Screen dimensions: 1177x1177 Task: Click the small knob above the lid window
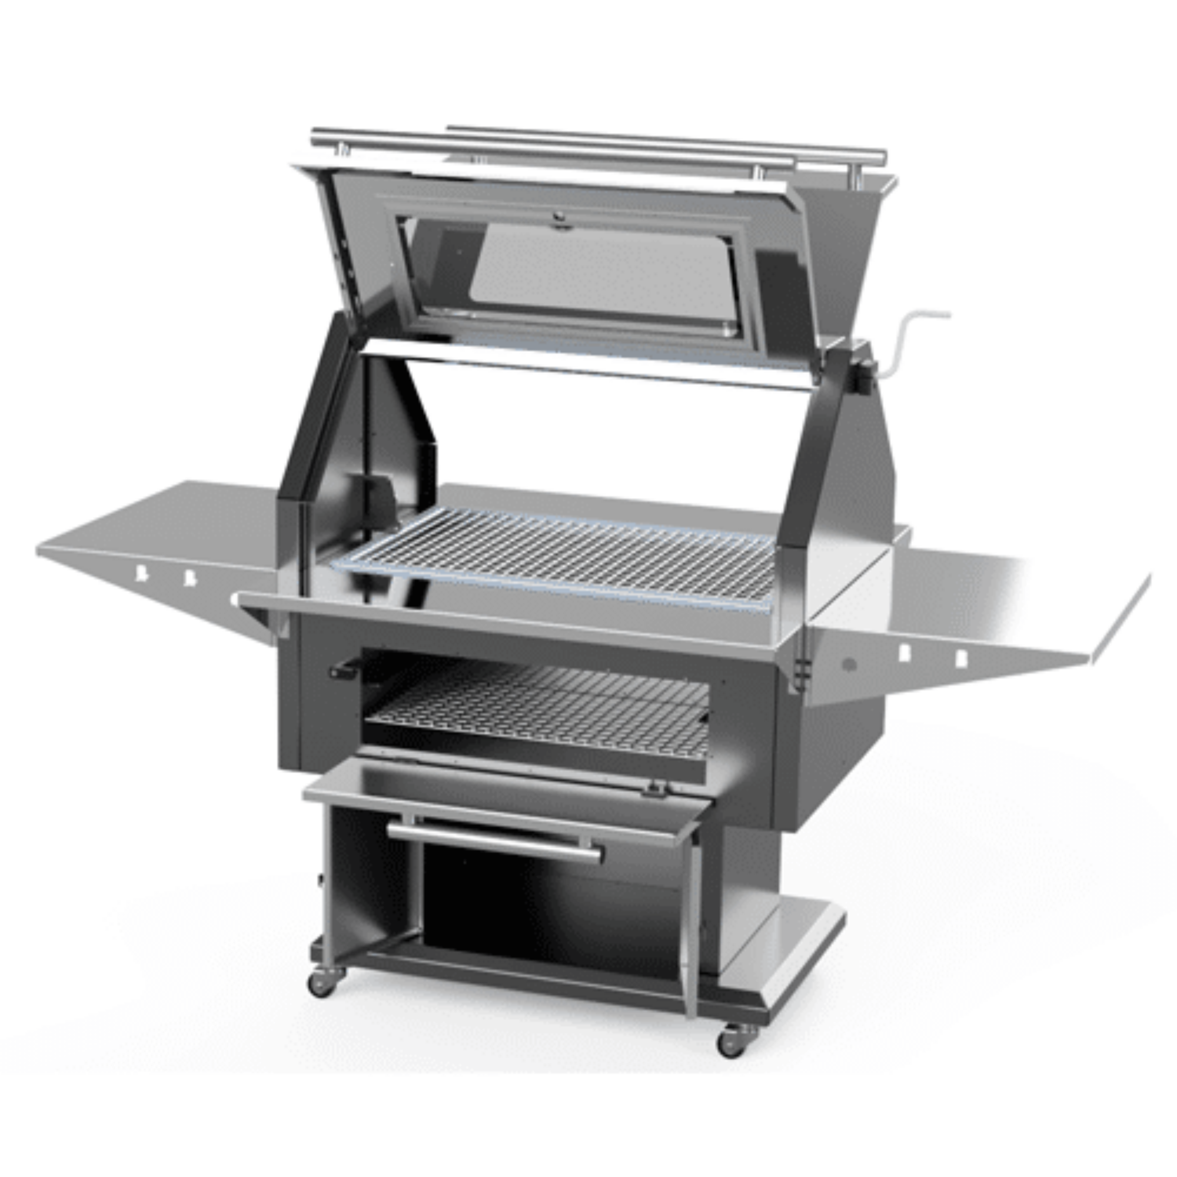[558, 216]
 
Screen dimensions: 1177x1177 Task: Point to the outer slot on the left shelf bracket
[141, 573]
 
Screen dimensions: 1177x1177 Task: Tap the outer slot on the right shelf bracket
[961, 657]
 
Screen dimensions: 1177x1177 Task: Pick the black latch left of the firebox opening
[345, 671]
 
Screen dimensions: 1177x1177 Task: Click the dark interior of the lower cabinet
[548, 914]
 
